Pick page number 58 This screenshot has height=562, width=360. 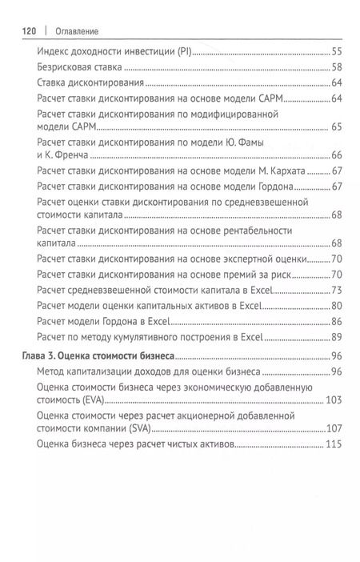(x=336, y=67)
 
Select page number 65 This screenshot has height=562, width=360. (x=336, y=127)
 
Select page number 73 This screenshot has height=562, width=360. (x=336, y=290)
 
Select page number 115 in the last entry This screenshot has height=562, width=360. (x=334, y=444)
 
